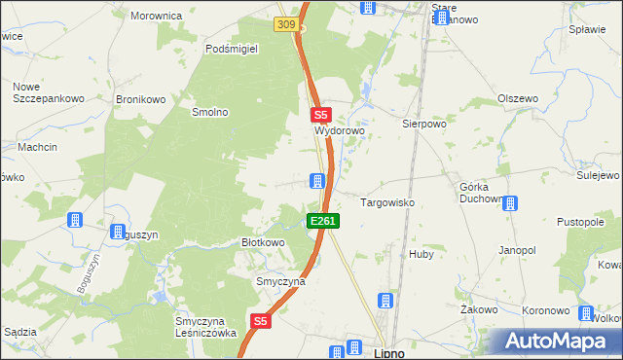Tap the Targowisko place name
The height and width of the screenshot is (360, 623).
388,202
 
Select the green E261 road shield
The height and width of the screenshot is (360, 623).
323,222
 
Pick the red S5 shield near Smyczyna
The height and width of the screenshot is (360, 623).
260,320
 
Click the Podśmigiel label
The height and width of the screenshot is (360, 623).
231,49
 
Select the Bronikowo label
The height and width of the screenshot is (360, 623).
137,99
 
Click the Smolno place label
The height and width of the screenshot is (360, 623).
209,112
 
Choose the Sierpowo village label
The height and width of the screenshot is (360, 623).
423,125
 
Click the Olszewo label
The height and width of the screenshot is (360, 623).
518,99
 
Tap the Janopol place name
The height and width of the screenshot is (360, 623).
517,250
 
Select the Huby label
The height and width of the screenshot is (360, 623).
421,254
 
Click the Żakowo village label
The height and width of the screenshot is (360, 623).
479,309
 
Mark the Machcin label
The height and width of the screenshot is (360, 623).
37,147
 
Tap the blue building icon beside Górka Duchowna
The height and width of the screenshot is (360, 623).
508,203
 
